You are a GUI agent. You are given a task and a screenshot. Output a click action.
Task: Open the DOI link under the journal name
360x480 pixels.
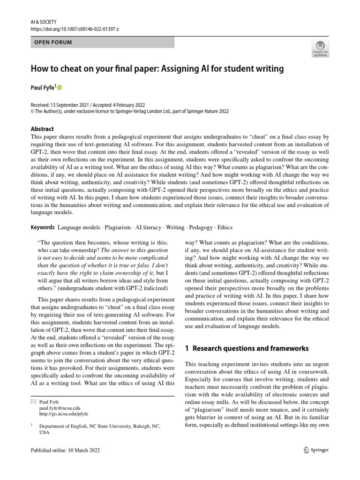[x=74, y=29]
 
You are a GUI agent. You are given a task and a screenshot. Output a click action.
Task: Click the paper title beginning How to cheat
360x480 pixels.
[x=157, y=69]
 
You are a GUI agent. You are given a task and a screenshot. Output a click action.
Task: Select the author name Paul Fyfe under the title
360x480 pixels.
[x=43, y=87]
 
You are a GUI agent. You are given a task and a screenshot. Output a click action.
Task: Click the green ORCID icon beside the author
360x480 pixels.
[x=60, y=87]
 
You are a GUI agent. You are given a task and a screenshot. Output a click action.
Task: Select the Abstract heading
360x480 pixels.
[x=42, y=129]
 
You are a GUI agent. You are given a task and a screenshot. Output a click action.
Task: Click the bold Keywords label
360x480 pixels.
[x=42, y=227]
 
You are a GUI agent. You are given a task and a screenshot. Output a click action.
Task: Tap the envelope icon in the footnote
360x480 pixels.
[x=32, y=402]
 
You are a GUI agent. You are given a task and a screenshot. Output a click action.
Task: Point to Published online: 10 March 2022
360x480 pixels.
[x=65, y=450]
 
